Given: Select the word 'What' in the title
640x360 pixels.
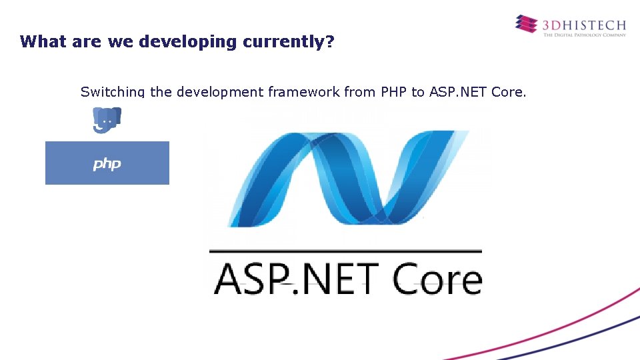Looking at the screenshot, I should [41, 41].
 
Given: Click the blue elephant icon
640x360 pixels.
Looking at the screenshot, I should [107, 119].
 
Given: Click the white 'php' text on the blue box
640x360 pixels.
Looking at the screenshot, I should [107, 163].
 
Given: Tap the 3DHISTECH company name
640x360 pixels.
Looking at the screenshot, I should [584, 25].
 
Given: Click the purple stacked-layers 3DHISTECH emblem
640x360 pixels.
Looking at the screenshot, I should [526, 24].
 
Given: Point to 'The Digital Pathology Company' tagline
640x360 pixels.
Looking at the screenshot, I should [584, 35].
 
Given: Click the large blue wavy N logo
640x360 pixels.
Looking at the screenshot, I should [347, 177].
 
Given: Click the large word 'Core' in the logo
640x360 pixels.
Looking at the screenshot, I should [437, 279].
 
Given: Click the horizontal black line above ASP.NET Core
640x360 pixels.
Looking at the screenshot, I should [345, 251].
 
